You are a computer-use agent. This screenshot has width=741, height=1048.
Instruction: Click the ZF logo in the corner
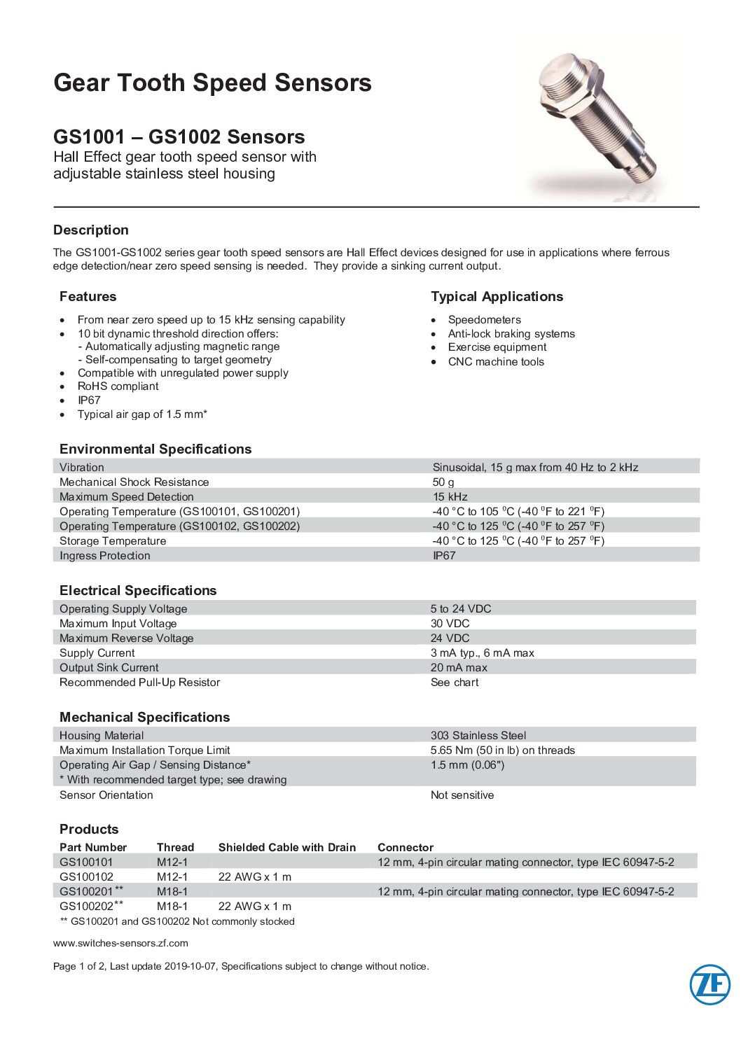[709, 984]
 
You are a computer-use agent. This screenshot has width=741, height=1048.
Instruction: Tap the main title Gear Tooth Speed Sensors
[212, 83]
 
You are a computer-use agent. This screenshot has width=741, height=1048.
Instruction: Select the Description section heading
[91, 230]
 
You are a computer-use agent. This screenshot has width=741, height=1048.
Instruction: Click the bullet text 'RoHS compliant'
[118, 386]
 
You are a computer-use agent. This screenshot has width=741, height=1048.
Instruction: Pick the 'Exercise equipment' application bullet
[497, 347]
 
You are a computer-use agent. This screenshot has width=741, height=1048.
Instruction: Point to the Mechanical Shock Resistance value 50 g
[443, 482]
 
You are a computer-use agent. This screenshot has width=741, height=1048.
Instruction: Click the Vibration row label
[82, 468]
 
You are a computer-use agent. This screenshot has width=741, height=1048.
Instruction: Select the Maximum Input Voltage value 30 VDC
[450, 624]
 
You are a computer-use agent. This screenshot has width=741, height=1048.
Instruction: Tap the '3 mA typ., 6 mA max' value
[482, 653]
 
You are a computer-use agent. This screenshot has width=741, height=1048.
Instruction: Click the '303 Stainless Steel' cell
[478, 736]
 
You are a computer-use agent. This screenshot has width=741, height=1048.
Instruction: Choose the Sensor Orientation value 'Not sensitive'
[462, 795]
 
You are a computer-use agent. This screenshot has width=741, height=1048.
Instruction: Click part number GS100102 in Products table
[86, 877]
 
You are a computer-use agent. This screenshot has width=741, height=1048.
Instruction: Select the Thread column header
[175, 848]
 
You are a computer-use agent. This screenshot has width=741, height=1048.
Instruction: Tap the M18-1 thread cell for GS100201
[172, 892]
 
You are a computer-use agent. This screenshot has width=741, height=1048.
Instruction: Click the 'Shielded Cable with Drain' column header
[287, 848]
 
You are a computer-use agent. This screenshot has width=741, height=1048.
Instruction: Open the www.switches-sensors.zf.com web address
[120, 943]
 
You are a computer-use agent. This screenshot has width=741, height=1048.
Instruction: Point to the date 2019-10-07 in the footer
[191, 967]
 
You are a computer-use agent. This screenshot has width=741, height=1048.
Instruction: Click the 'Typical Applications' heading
[497, 297]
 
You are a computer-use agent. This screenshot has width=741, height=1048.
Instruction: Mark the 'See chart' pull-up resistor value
[455, 683]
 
